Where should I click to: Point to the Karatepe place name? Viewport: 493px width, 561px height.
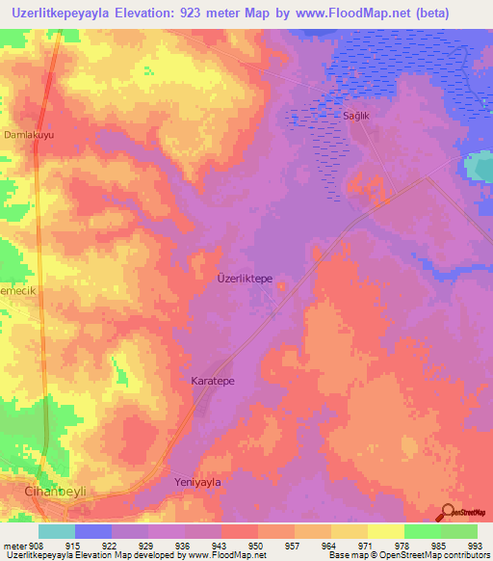pyautogui.click(x=213, y=381)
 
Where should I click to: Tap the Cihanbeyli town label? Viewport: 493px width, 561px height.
pyautogui.click(x=55, y=492)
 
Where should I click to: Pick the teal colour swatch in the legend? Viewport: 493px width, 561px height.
pyautogui.click(x=56, y=531)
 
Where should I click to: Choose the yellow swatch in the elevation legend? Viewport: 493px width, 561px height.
pyautogui.click(x=385, y=531)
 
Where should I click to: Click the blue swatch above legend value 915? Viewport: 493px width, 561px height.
pyautogui.click(x=92, y=531)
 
